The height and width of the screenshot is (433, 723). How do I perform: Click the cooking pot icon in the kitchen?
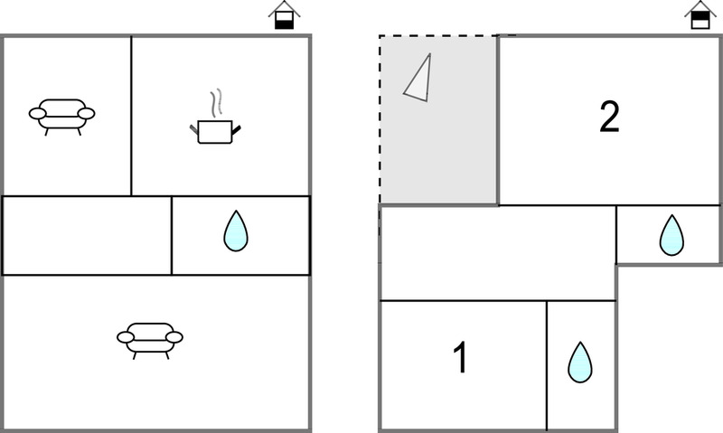click(x=215, y=131)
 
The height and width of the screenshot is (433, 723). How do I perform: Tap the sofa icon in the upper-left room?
click(x=61, y=117)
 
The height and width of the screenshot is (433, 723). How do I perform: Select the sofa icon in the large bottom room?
click(x=150, y=340)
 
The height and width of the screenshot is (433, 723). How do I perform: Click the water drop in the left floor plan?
click(x=236, y=231)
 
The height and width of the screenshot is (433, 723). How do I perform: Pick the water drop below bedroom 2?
click(x=671, y=235)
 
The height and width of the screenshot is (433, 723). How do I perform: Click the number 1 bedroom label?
click(x=460, y=357)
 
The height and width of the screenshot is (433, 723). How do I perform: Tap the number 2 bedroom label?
click(x=609, y=117)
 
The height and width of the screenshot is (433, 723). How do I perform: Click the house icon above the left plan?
click(x=284, y=14)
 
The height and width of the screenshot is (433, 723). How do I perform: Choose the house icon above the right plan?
click(x=700, y=14)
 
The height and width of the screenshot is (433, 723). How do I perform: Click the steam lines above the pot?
click(x=216, y=102)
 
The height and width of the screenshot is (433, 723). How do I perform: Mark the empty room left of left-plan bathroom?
click(x=87, y=236)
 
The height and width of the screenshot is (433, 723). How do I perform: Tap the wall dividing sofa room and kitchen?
click(x=131, y=116)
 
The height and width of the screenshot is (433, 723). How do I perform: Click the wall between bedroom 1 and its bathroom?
click(x=547, y=365)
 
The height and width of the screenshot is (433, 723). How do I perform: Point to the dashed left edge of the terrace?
click(x=380, y=119)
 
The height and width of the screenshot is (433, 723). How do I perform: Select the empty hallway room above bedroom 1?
click(x=498, y=253)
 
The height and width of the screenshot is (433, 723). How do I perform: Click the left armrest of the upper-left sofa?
click(x=37, y=113)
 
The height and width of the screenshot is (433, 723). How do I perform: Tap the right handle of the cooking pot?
click(x=236, y=130)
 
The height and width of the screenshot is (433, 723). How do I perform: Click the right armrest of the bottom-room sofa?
click(x=174, y=337)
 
